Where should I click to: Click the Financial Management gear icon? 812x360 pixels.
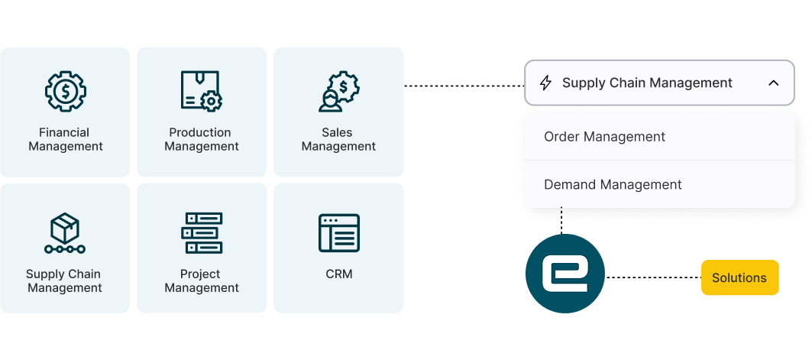(65, 91)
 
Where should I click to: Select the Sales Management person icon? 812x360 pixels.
(338, 92)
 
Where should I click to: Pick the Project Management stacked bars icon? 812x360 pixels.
(202, 233)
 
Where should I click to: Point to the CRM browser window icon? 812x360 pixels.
(338, 233)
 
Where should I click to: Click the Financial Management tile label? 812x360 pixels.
(65, 139)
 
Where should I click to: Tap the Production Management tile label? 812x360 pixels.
(202, 139)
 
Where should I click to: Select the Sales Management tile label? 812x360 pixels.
(338, 139)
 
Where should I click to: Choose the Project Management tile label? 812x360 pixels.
(202, 281)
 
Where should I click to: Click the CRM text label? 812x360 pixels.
(338, 274)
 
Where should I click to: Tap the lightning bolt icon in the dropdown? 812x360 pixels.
(545, 83)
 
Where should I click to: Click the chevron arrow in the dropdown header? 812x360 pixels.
(773, 83)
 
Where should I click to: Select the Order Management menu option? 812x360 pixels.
(604, 137)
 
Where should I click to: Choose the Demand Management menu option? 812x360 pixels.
(613, 184)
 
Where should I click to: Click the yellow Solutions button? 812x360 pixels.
(739, 277)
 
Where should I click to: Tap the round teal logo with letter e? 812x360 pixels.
(565, 274)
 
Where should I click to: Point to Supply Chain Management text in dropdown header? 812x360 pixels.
(647, 83)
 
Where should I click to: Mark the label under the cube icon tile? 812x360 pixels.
(65, 281)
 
